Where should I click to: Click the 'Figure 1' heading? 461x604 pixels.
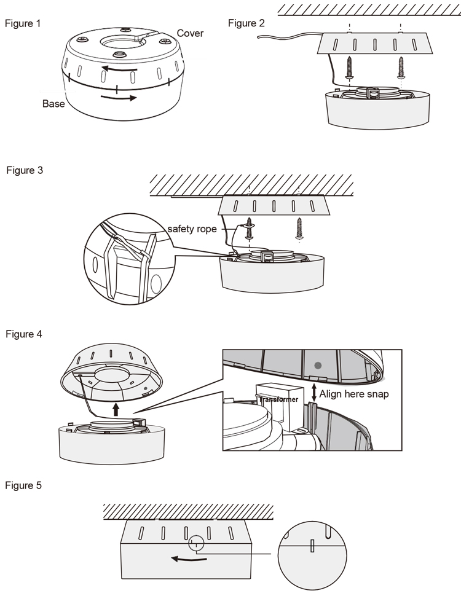[23, 24]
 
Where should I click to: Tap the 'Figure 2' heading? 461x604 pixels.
[246, 23]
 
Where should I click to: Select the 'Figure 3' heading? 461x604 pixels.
[25, 170]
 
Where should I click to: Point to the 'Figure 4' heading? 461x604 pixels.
[24, 334]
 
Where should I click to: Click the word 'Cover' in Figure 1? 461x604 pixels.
[190, 33]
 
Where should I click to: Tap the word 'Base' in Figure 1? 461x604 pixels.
[53, 104]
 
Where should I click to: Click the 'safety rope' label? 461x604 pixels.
[192, 229]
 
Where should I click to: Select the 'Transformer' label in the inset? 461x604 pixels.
[278, 399]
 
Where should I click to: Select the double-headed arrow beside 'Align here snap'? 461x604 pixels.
[315, 394]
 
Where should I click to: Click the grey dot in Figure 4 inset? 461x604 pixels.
[317, 365]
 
